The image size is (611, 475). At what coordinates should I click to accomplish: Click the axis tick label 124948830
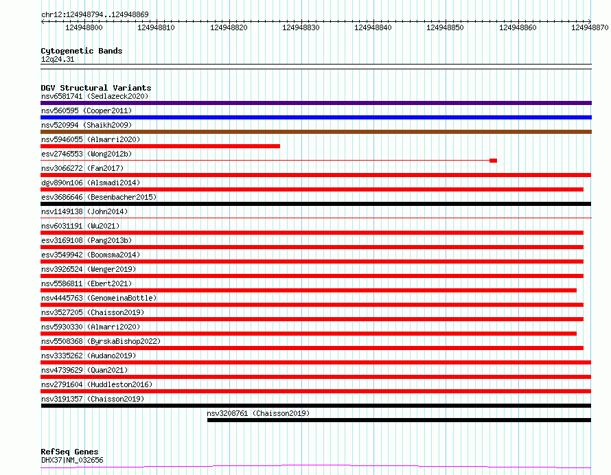301,27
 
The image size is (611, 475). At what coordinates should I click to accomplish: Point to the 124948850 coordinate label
445,27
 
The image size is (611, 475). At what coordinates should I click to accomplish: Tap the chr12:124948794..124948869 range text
95,15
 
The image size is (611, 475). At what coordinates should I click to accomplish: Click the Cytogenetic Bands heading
82,51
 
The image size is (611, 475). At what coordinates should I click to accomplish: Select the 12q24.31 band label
57,59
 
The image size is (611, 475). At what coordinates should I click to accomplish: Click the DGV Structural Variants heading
96,88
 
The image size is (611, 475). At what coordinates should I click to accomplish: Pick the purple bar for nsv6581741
316,103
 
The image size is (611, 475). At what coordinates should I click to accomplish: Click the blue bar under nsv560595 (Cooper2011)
316,117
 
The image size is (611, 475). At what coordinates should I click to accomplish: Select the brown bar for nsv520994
316,132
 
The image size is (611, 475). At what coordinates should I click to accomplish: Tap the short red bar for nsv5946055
160,146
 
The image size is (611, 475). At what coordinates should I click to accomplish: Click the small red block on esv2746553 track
494,161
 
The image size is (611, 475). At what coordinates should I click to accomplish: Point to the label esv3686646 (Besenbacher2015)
99,197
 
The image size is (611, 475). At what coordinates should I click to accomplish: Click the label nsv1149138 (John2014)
84,211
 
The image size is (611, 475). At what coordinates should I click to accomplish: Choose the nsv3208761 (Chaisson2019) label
258,413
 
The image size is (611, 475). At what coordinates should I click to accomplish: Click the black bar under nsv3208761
399,420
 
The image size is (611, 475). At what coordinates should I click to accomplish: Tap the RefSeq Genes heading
69,452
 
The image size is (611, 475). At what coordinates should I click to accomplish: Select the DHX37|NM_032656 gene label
72,460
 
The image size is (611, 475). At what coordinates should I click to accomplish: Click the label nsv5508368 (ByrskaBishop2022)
100,341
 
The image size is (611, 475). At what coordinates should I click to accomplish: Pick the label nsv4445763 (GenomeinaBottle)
99,298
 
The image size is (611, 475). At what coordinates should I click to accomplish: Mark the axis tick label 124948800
84,27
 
